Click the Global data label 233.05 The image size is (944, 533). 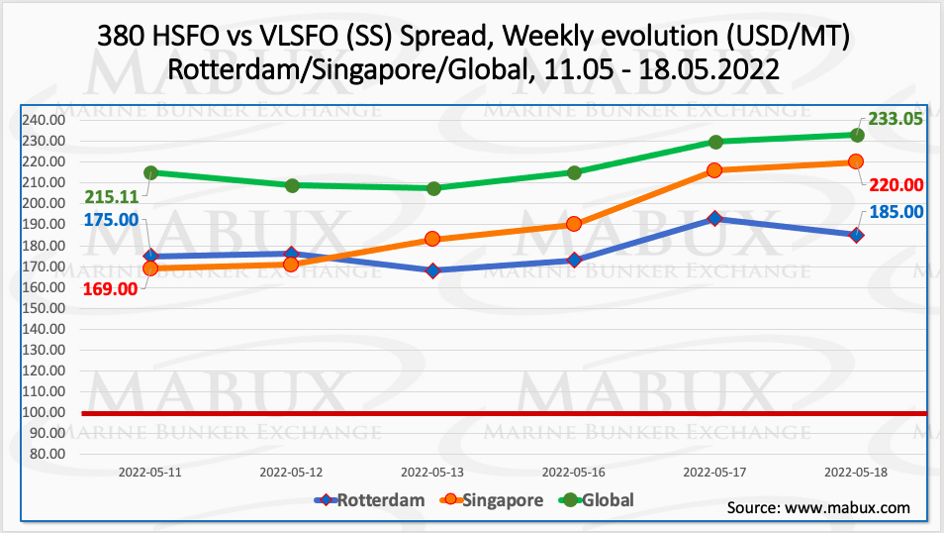tap(895, 119)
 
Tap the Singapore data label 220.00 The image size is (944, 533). tap(897, 184)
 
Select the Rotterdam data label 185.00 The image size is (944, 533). tap(897, 210)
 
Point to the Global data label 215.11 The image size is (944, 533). tap(110, 196)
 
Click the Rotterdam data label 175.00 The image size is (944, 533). tap(110, 219)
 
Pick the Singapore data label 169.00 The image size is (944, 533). tap(110, 288)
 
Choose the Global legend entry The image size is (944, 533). tap(597, 500)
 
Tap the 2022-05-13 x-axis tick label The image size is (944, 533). tap(433, 474)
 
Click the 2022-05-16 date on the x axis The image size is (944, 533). tap(575, 474)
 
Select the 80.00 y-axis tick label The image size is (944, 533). tap(46, 454)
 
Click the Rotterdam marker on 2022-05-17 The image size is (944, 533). tap(715, 218)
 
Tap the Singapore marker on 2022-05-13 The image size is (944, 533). tap(432, 239)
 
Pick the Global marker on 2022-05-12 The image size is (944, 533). tap(292, 185)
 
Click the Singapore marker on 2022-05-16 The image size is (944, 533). tap(574, 224)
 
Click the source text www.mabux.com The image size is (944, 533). tap(847, 508)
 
